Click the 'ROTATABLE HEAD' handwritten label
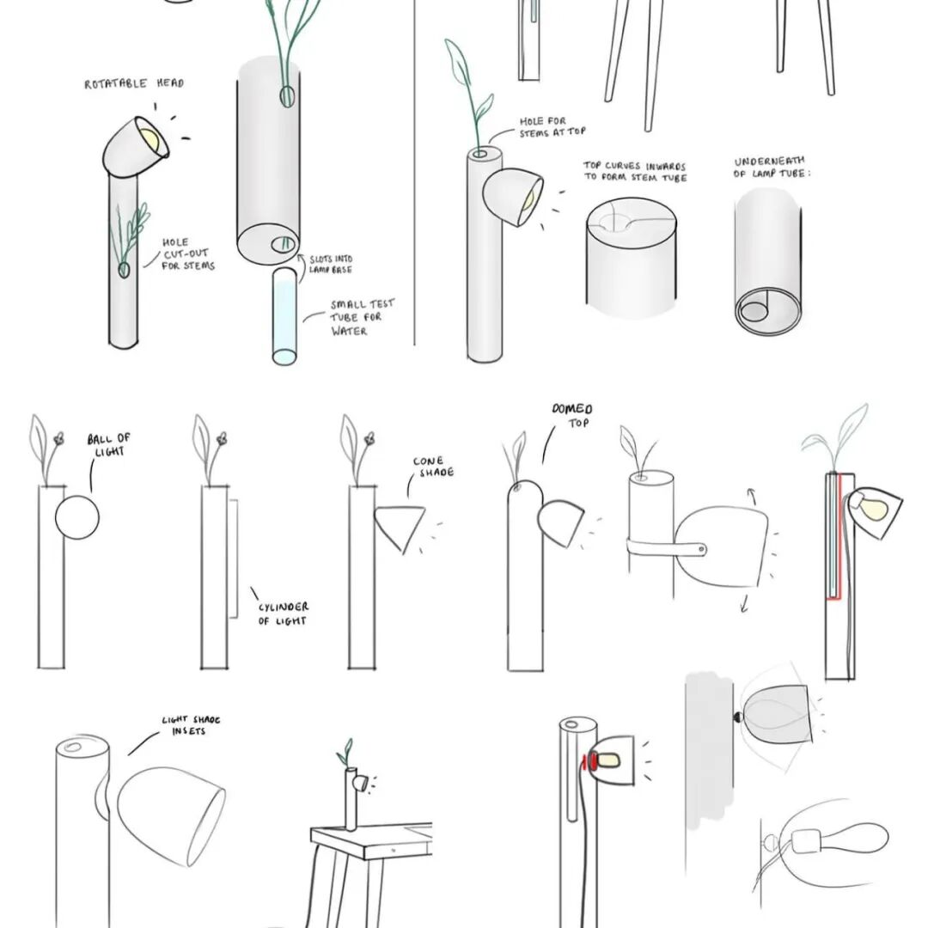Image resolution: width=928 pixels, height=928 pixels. pos(134,83)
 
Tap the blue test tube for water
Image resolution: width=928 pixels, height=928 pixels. pos(284,316)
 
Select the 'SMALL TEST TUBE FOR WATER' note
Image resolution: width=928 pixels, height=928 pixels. pos(362,317)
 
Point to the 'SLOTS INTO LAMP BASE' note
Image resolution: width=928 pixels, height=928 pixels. pos(331,264)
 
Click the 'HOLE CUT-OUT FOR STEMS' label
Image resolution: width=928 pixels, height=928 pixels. pos(187,254)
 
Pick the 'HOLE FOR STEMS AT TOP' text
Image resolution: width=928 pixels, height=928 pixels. pos(553,127)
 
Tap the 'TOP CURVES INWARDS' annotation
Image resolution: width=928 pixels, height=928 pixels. pos(634,166)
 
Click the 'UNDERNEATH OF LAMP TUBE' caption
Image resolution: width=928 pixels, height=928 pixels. pos(771,168)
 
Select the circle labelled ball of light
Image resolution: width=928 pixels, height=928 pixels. pos(77,518)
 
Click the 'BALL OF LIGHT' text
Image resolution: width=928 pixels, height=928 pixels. pos(109,444)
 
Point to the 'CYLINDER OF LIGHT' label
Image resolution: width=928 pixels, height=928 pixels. pos(284,614)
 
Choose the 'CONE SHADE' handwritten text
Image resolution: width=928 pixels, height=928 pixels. pos(434,467)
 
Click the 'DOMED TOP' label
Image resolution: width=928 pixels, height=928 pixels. pos(572,416)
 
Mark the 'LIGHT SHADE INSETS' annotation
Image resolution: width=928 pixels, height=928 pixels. pos(191,725)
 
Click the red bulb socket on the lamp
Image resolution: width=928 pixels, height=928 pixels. pos(585,761)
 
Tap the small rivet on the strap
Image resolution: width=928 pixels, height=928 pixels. pos(701,550)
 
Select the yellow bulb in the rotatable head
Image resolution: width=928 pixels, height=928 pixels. pos(150,140)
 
